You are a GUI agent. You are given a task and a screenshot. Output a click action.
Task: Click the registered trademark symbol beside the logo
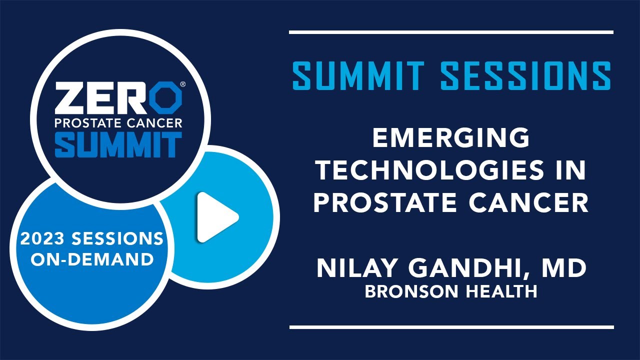coord(183,84)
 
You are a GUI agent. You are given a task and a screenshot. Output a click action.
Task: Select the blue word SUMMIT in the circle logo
coord(118,144)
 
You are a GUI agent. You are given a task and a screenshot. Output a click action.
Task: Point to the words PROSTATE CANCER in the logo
coord(118,123)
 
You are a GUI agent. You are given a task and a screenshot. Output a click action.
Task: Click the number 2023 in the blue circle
coord(42,238)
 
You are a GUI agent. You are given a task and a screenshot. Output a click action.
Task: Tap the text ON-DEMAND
coord(92,259)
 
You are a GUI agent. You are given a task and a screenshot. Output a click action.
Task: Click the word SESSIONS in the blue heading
coord(525,75)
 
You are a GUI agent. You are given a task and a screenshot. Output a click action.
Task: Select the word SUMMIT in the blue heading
coord(358,75)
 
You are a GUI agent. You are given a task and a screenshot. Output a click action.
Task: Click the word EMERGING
coord(451,137)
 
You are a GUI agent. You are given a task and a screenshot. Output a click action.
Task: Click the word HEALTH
coord(501,291)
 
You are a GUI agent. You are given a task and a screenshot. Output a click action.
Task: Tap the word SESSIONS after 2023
coord(117,238)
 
